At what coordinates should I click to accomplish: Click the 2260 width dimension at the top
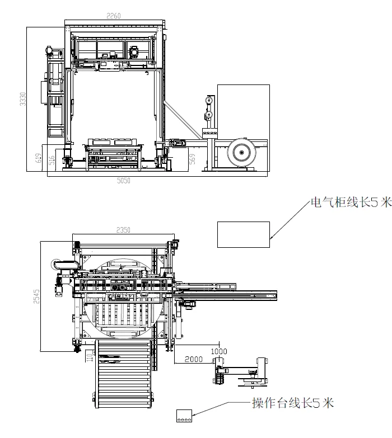[x=114, y=16]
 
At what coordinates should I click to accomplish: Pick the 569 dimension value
[x=192, y=160]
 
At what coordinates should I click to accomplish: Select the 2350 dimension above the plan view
[x=123, y=230]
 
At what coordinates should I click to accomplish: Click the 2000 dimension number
[x=193, y=359]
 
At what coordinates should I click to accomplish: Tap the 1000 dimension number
[x=218, y=351]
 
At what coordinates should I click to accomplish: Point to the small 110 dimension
[x=88, y=356]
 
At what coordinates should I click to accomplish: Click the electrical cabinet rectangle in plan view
[x=244, y=234]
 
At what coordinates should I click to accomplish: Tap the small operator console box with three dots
[x=184, y=416]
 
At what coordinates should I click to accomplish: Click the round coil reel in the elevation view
[x=243, y=152]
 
